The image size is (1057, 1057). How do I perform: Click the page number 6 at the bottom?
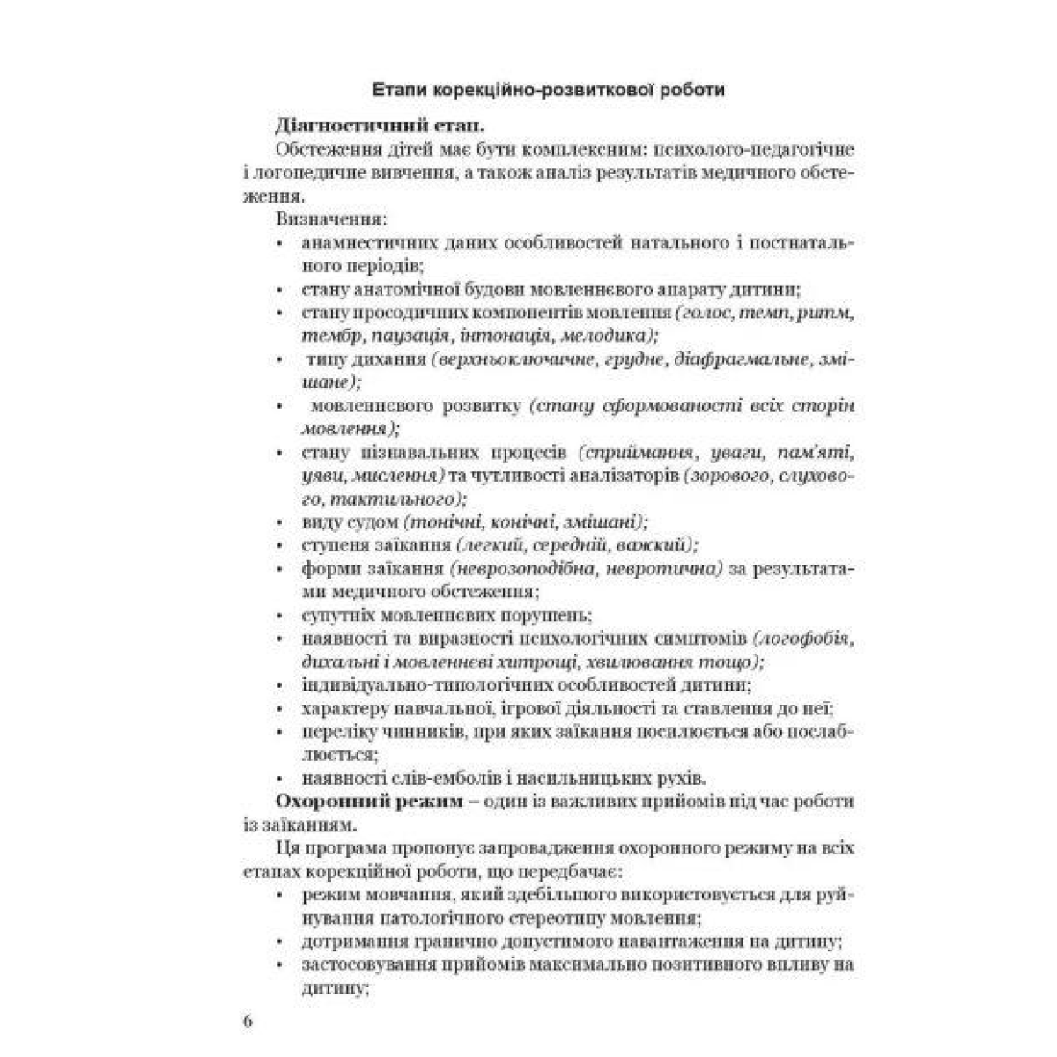pos(248,1022)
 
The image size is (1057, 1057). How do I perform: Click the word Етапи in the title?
pos(401,90)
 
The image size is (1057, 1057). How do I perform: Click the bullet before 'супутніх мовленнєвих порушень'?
pos(280,615)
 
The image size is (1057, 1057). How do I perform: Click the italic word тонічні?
pos(435,521)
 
